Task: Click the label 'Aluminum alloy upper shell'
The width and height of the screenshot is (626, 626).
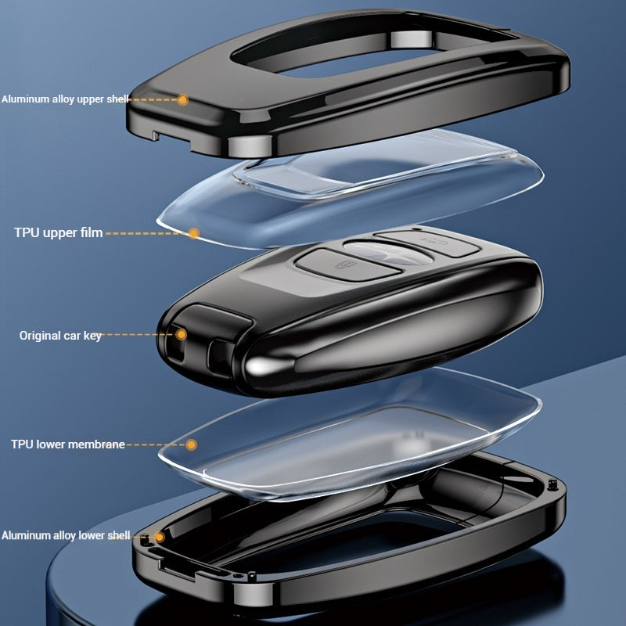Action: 65,99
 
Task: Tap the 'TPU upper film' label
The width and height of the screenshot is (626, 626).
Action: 58,232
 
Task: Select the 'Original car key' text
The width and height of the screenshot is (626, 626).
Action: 60,335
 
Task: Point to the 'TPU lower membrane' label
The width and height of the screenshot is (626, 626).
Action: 68,444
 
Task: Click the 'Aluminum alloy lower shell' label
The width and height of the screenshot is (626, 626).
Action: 65,536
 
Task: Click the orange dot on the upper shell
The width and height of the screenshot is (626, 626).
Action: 182,99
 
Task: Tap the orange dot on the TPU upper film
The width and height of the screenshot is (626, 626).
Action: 193,232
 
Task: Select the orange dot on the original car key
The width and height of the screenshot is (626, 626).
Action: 181,334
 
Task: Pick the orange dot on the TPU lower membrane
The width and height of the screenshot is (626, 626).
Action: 190,444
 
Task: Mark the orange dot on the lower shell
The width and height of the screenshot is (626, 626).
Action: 160,537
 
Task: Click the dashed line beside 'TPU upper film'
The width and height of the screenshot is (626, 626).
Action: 146,232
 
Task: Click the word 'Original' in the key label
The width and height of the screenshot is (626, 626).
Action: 39,335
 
